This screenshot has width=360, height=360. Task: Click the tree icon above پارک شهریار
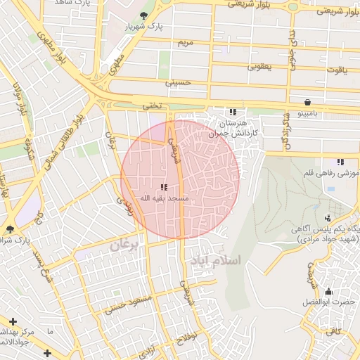point(145,15)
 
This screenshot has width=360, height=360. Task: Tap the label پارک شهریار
point(150,27)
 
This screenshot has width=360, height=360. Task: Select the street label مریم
point(186,43)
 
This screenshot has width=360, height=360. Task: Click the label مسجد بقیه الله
point(164,198)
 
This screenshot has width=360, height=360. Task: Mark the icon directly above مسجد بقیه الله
point(164,187)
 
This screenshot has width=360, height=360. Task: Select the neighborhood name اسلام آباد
point(214,260)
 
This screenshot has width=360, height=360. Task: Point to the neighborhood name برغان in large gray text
point(125,245)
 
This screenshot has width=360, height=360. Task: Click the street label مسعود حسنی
point(129,303)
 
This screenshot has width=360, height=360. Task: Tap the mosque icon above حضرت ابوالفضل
point(328,291)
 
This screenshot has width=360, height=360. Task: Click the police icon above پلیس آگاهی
point(328,218)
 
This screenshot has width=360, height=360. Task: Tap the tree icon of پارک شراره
point(9,229)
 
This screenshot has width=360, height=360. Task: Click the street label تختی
point(153,105)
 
